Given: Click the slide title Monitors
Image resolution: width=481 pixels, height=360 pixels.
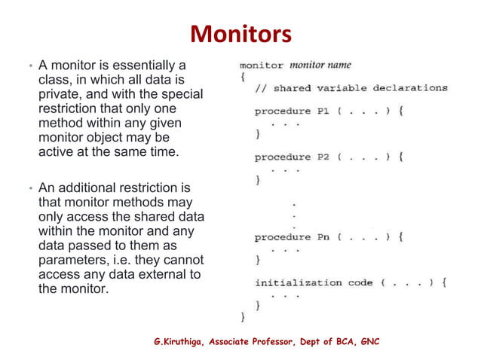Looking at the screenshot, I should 240,34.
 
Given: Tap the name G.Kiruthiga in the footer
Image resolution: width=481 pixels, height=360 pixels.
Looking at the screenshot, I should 179,343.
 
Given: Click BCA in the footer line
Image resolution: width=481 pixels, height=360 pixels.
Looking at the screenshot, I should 338,343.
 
